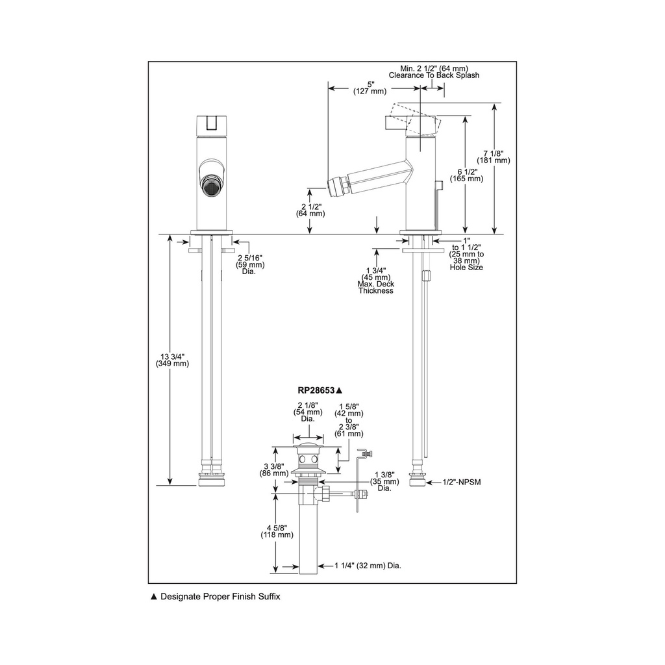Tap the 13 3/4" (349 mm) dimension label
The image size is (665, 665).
[x=172, y=360]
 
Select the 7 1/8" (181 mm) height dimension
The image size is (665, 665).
[x=494, y=157]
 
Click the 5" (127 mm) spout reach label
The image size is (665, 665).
[x=370, y=88]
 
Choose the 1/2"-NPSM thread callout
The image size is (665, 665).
[x=462, y=483]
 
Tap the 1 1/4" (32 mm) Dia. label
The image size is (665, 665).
[x=368, y=566]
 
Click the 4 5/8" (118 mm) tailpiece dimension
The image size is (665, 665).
[x=277, y=531]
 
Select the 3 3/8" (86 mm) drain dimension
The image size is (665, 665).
[x=274, y=470]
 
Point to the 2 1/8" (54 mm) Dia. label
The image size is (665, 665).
[x=308, y=412]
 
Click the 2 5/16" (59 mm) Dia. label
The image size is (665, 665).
[x=250, y=265]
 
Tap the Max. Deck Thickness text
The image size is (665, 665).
[x=376, y=288]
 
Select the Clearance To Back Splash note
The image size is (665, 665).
[x=434, y=75]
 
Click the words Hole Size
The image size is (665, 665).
[x=466, y=268]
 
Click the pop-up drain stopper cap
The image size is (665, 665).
[x=308, y=445]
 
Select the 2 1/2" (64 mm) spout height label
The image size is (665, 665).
[x=311, y=210]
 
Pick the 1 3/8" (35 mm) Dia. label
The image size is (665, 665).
[x=384, y=481]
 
